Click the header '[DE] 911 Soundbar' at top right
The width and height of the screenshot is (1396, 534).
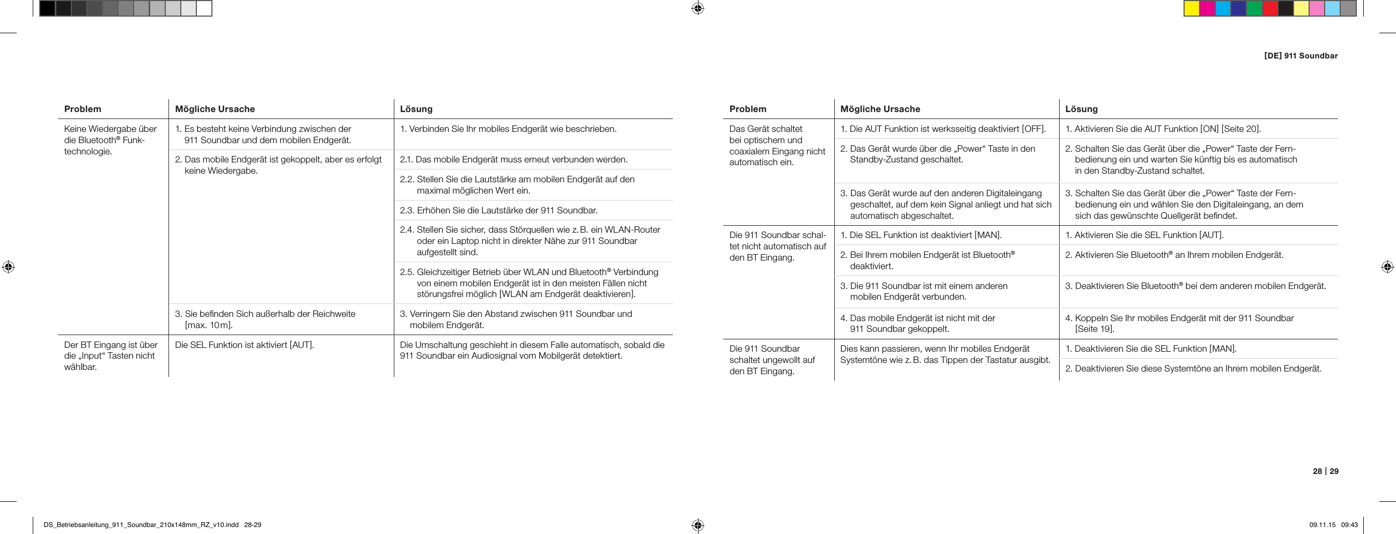coord(1300,56)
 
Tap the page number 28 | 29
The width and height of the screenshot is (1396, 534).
coord(1325,471)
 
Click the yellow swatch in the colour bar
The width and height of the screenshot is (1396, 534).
coord(1191,9)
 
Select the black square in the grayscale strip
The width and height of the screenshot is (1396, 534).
coord(47,9)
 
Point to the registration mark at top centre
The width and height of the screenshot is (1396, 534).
coord(698,8)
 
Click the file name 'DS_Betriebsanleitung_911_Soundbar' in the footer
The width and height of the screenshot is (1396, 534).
coord(141,525)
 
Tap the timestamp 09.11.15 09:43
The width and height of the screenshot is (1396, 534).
coord(1333,525)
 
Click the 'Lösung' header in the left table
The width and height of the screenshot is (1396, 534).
coord(416,109)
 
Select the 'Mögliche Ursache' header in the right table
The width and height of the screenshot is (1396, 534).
coord(880,109)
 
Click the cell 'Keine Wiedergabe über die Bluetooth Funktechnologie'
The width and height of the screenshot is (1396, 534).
coord(111,140)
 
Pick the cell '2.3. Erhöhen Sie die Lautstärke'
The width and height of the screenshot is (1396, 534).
coord(498,210)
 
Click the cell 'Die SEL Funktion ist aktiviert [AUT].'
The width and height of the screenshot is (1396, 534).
coord(245,345)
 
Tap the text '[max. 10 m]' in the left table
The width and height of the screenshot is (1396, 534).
coord(209,325)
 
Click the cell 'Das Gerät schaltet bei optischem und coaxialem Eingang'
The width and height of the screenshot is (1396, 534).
coord(777,145)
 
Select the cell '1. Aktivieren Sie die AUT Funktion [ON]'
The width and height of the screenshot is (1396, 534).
coord(1163,129)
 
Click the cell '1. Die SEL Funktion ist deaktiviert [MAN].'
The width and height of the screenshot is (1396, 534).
coord(921,235)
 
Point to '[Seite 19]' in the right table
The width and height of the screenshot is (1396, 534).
coord(1094,329)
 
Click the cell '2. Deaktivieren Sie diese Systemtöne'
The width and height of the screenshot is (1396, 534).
coord(1197,369)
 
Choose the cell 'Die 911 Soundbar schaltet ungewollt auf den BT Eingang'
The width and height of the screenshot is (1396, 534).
coord(772,360)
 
